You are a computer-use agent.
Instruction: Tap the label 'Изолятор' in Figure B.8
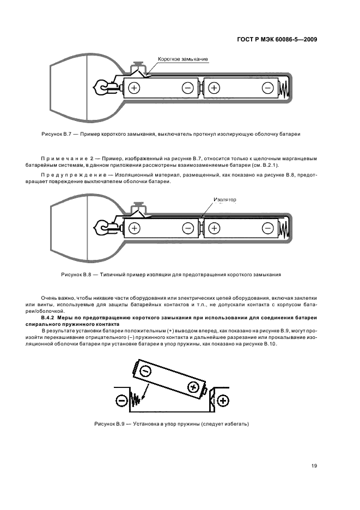click(225, 199)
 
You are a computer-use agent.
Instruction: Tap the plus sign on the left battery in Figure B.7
click(135, 87)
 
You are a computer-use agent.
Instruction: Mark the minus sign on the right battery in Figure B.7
click(267, 87)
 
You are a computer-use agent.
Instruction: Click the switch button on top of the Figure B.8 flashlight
click(139, 207)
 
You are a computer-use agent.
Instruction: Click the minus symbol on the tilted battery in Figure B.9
click(144, 371)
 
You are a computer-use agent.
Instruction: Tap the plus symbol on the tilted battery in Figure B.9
click(192, 387)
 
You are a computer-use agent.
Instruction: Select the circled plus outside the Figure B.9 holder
click(222, 402)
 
